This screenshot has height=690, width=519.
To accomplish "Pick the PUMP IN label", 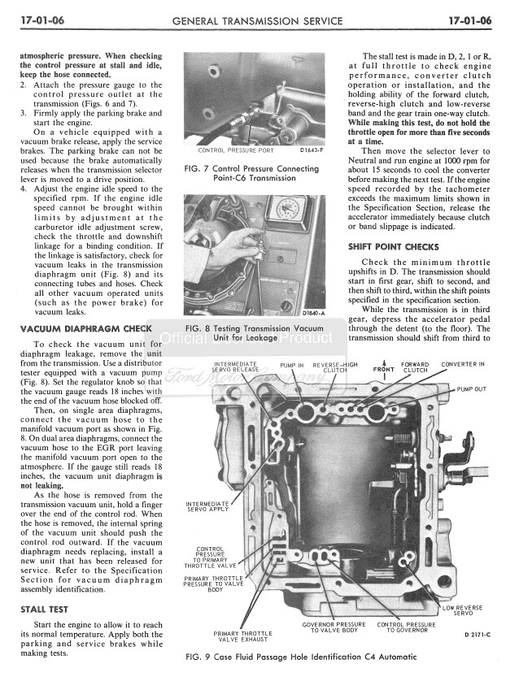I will [291, 366].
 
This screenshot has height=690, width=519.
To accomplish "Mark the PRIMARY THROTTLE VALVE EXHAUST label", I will [242, 636].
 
